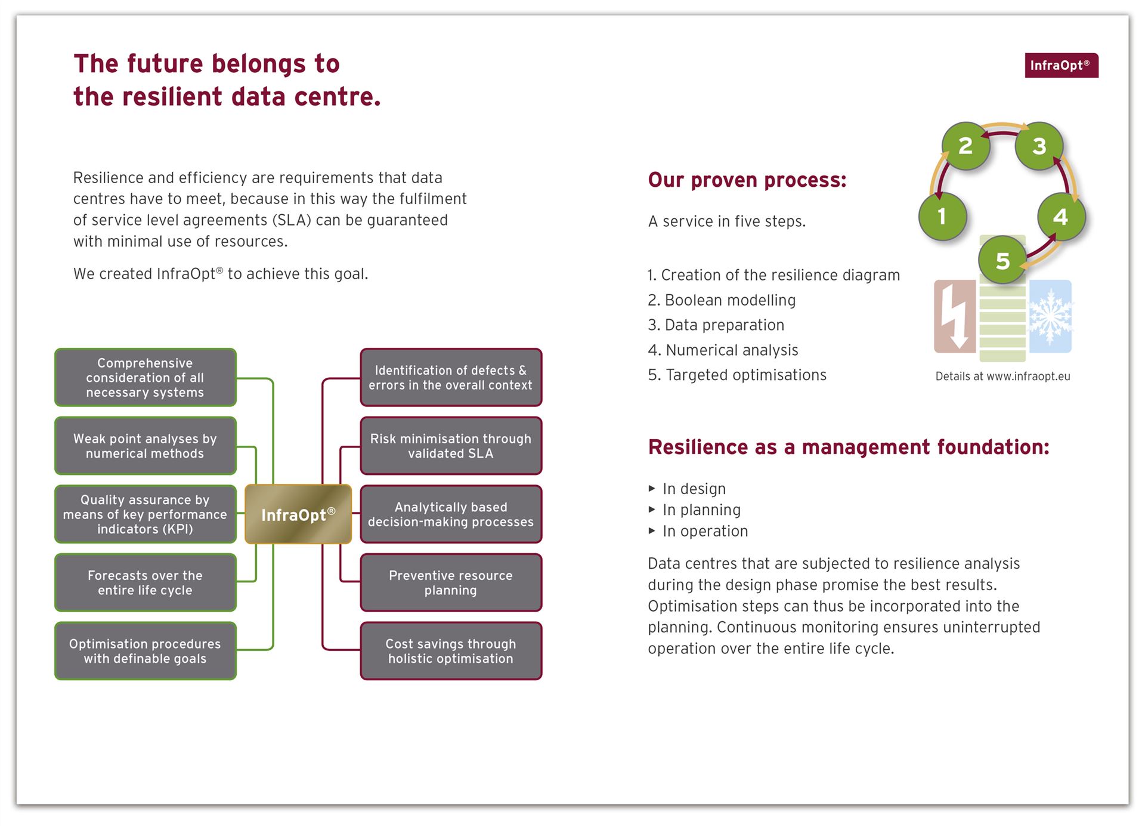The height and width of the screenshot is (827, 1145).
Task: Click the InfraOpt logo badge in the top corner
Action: (1062, 65)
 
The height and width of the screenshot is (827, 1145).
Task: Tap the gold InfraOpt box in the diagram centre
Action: (298, 514)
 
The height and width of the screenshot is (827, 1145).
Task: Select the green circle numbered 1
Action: (942, 217)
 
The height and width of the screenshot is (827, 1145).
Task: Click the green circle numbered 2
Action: (965, 146)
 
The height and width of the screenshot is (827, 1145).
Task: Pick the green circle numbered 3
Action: (1039, 146)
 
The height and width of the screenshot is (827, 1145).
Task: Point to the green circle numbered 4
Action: (1061, 217)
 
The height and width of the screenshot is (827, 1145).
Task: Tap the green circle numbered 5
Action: (1002, 261)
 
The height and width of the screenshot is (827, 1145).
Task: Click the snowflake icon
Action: (1050, 316)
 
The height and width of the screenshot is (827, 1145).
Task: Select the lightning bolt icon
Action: (955, 316)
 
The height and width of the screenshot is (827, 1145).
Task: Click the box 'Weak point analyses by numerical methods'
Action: (146, 446)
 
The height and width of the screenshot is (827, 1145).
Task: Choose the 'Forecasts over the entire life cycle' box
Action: (146, 582)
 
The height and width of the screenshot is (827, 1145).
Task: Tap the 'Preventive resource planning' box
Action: (451, 582)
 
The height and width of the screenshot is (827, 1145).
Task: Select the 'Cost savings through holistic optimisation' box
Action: (451, 651)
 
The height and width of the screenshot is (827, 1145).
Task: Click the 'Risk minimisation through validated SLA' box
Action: (451, 446)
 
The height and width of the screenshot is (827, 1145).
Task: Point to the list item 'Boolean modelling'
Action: (722, 300)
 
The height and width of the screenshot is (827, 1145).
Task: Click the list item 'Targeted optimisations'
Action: (737, 375)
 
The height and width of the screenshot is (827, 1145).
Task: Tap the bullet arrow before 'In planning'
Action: (652, 510)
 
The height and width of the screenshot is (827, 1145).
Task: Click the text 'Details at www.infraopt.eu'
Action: (1002, 376)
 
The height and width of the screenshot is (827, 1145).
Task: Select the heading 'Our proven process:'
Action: (747, 180)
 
